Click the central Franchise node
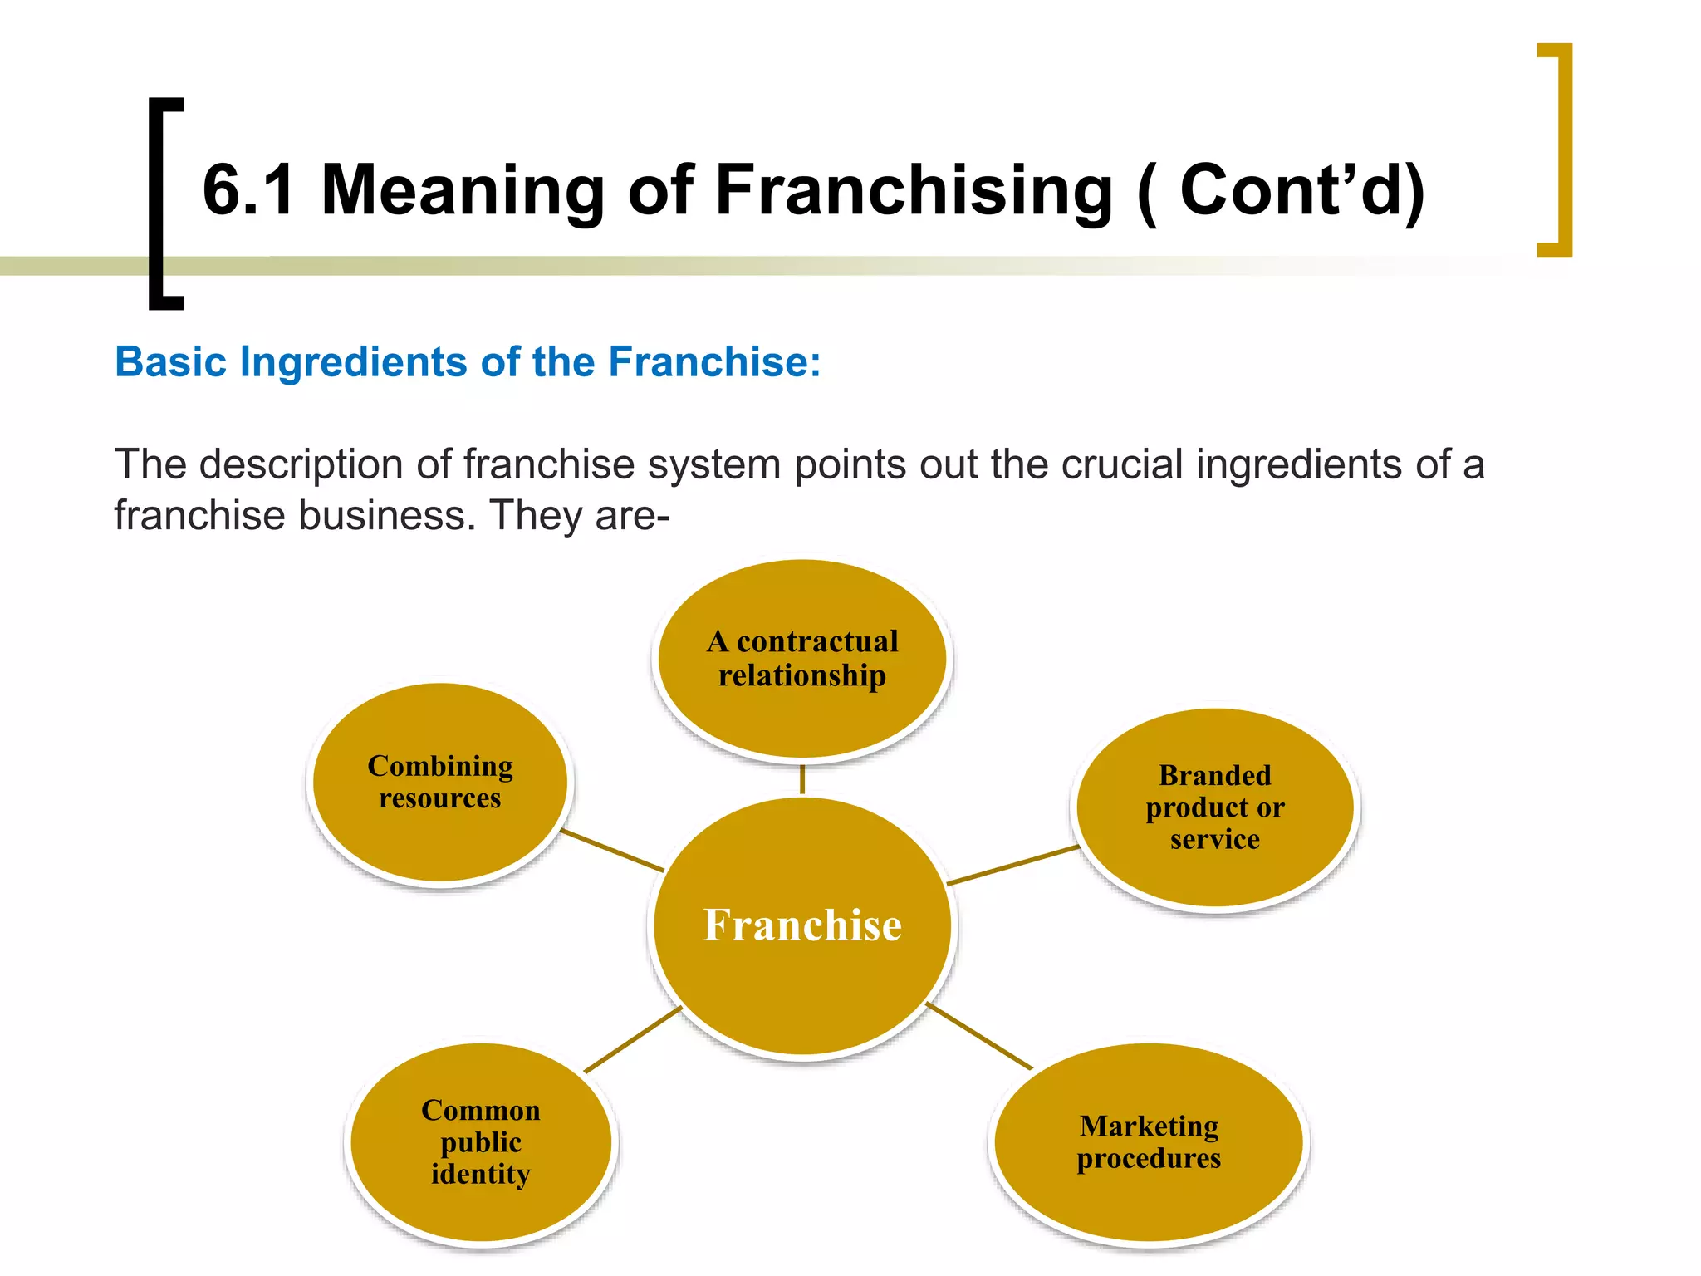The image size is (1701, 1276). point(802,926)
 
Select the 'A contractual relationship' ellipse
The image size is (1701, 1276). point(802,659)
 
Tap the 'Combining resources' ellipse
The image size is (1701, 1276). point(440,782)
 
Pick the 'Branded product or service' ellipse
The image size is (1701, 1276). point(1214,807)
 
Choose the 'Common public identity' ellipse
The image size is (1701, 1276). point(481,1142)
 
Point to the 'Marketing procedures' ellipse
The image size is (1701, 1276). point(1149,1142)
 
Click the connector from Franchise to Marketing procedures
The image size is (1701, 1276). point(979,1036)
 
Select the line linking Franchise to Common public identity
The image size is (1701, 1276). point(633,1039)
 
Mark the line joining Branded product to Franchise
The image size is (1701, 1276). point(1013,865)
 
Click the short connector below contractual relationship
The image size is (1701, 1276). point(802,779)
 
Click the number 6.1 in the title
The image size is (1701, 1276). point(248,190)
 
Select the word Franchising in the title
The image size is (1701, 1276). point(913,190)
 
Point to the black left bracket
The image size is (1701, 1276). point(157,204)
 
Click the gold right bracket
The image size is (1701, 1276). point(1565,150)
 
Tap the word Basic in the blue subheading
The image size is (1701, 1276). point(170,362)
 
